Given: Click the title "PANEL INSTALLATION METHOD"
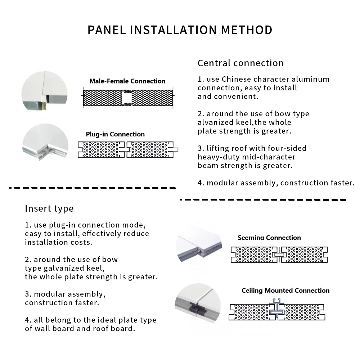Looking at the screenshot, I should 180,30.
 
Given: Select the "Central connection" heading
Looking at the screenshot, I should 240,63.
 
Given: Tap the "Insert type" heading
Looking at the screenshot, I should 49,208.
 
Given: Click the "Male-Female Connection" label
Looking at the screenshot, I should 127,81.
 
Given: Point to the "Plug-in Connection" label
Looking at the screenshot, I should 115,134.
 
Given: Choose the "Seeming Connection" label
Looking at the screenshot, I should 269,238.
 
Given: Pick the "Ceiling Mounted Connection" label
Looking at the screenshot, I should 285,291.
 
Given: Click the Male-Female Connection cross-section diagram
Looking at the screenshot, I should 128,98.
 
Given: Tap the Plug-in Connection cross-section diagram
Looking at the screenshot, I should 128,149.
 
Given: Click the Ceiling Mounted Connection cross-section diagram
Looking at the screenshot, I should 278,312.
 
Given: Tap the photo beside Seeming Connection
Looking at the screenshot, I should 198,247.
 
